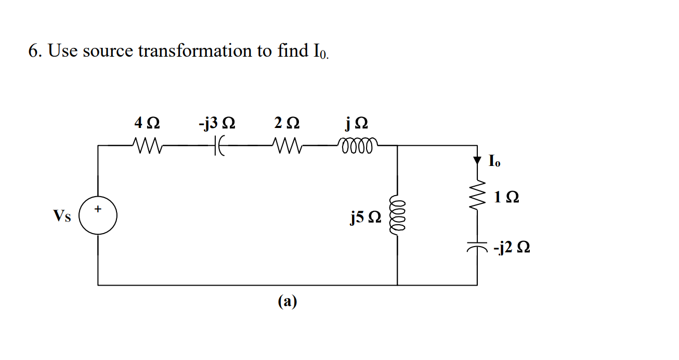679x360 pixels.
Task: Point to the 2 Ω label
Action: pos(286,124)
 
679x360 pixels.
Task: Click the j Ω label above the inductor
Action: pos(357,124)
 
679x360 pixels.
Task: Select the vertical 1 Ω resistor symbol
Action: pos(477,197)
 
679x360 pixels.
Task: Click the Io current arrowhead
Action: pos(477,161)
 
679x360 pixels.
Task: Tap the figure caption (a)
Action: pos(287,301)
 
